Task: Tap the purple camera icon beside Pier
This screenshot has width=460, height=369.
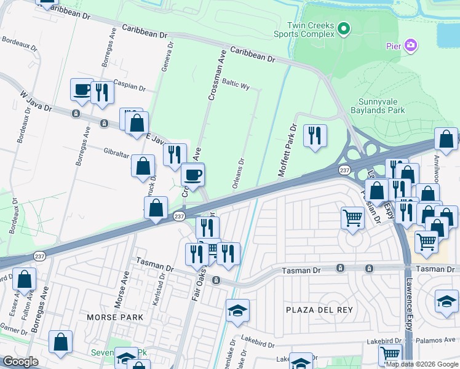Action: point(411,46)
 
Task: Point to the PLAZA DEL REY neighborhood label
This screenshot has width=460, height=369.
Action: point(320,309)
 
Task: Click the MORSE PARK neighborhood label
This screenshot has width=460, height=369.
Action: point(115,317)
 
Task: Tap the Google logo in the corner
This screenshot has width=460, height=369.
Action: point(20,362)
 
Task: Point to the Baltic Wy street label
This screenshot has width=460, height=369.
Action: point(236,84)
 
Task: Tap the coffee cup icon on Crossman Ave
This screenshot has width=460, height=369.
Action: point(193,175)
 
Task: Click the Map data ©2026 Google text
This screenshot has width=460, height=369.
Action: point(422,364)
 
